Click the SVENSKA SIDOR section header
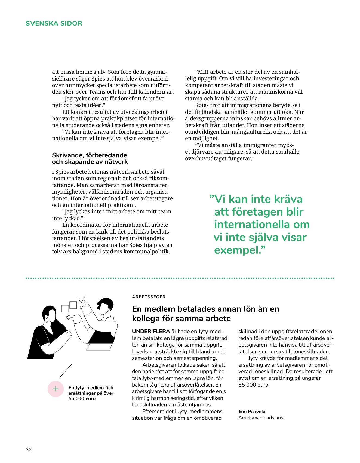(x=54, y=23)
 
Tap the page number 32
(x=29, y=449)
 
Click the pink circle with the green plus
(x=56, y=389)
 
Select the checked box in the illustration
(x=81, y=301)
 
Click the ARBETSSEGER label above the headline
(x=149, y=297)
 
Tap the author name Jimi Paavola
(x=252, y=411)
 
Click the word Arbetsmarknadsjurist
(x=261, y=418)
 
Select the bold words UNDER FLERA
(x=151, y=331)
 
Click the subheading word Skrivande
(x=68, y=155)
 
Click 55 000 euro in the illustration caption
(x=82, y=398)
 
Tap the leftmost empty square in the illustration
(x=65, y=309)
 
